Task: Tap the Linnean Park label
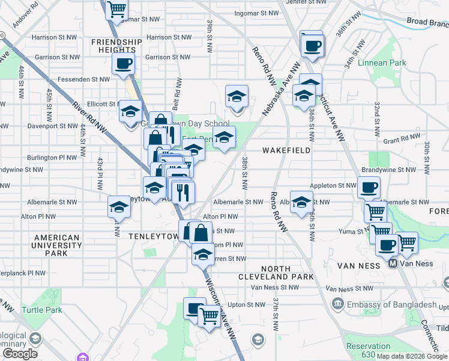coord(382,63)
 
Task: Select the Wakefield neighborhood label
coord(286,150)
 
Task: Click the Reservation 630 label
coord(368,350)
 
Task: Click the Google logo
coord(20,354)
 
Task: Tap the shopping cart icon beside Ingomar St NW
coord(116,9)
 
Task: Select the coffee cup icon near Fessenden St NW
coord(123,64)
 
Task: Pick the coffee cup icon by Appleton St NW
coord(369,187)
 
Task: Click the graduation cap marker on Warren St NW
coord(203,255)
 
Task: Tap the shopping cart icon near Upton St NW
coord(209,315)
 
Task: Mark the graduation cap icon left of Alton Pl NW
coord(119,208)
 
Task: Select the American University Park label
coord(56,245)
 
